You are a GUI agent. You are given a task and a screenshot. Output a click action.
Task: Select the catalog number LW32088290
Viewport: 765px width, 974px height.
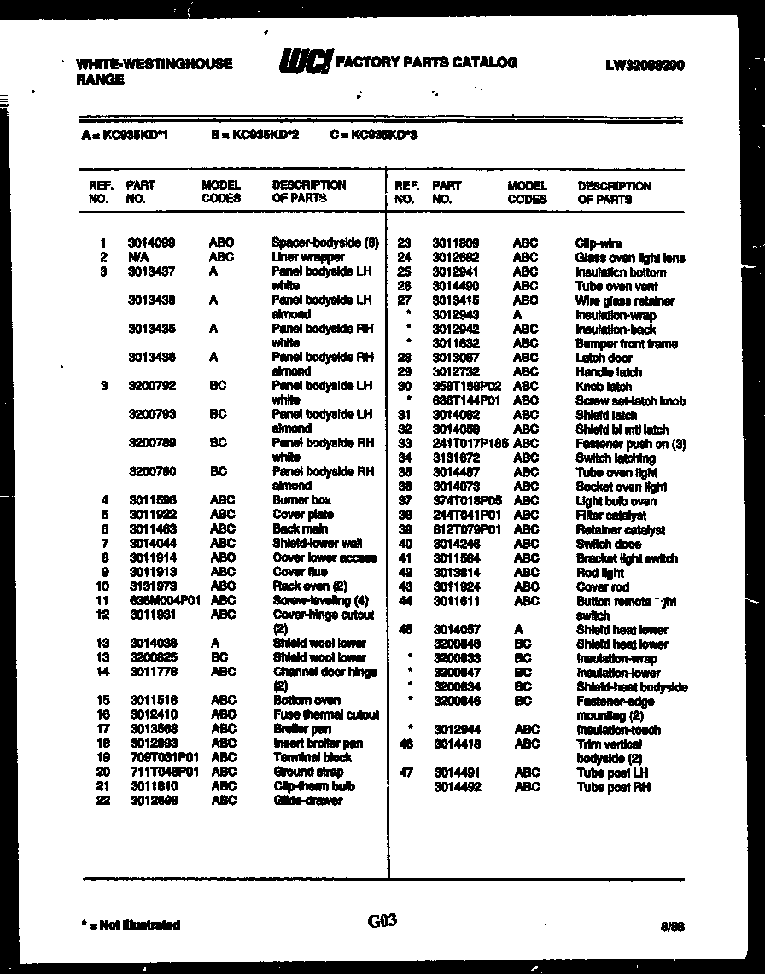point(644,65)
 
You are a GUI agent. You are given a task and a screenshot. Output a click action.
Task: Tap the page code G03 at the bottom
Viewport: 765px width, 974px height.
point(382,921)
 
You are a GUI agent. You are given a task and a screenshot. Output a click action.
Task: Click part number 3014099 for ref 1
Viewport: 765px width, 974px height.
point(152,242)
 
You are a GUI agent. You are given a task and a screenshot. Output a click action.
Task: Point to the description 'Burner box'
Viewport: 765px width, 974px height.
point(301,500)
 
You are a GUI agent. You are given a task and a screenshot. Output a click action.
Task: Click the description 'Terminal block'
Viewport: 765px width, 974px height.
point(312,757)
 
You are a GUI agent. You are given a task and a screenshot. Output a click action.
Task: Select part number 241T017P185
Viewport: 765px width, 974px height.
point(470,444)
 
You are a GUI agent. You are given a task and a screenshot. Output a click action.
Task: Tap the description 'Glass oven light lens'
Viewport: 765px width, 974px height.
point(630,258)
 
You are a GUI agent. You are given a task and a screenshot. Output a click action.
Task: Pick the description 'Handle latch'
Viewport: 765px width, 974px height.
point(609,372)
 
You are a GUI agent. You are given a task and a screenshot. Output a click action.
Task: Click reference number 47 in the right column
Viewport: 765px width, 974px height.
point(406,773)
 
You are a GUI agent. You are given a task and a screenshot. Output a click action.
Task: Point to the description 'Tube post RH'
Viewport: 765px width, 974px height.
point(614,787)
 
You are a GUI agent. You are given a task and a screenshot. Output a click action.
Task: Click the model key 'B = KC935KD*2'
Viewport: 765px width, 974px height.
point(254,135)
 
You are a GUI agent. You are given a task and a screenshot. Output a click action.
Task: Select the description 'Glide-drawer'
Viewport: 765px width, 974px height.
point(307,801)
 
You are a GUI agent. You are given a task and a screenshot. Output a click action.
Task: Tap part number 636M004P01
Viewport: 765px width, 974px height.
point(164,600)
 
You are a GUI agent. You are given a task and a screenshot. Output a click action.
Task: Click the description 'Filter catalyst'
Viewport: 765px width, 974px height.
point(611,516)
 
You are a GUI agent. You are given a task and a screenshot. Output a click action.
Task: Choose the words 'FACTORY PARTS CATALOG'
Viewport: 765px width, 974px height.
point(426,62)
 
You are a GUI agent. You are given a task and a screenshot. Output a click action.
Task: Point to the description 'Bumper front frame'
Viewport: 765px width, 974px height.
point(627,344)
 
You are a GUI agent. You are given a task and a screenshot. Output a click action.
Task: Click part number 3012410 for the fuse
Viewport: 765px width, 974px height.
point(154,714)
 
